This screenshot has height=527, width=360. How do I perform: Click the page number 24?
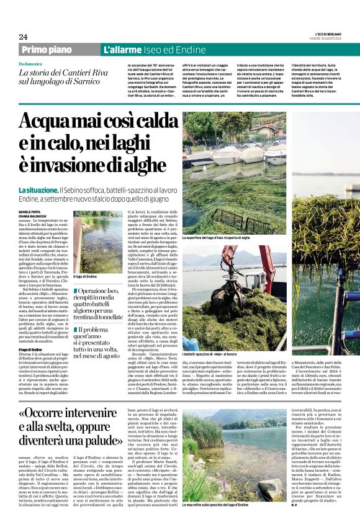[x=23, y=37]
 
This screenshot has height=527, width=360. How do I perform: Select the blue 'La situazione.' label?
[x=38, y=189]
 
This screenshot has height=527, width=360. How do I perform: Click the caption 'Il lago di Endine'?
[x=84, y=277]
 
